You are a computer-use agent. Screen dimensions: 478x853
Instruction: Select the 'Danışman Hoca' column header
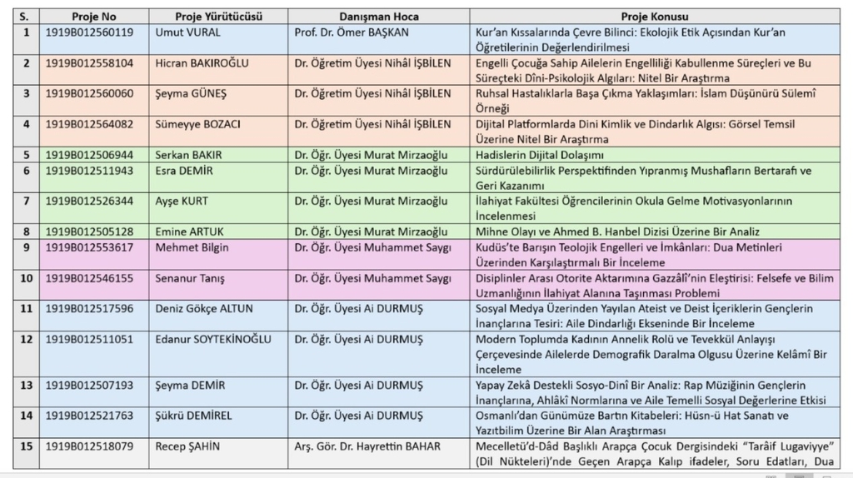pyautogui.click(x=379, y=17)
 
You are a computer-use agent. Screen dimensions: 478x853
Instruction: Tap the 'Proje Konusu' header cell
pyautogui.click(x=654, y=17)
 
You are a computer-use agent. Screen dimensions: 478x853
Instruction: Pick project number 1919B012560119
pyautogui.click(x=88, y=32)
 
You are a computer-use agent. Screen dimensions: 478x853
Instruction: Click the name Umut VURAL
pyautogui.click(x=185, y=32)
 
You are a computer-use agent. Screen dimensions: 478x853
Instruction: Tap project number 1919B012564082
pyautogui.click(x=88, y=124)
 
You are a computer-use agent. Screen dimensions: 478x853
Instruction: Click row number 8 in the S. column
pyautogui.click(x=26, y=232)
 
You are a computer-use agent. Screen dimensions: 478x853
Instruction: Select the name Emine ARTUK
pyautogui.click(x=187, y=232)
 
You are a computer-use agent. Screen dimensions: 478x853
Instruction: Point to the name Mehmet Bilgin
pyautogui.click(x=192, y=247)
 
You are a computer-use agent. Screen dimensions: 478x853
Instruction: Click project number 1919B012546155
pyautogui.click(x=88, y=278)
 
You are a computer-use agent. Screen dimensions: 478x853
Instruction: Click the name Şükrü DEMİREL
pyautogui.click(x=193, y=415)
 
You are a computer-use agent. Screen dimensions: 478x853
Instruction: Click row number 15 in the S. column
pyautogui.click(x=26, y=446)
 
